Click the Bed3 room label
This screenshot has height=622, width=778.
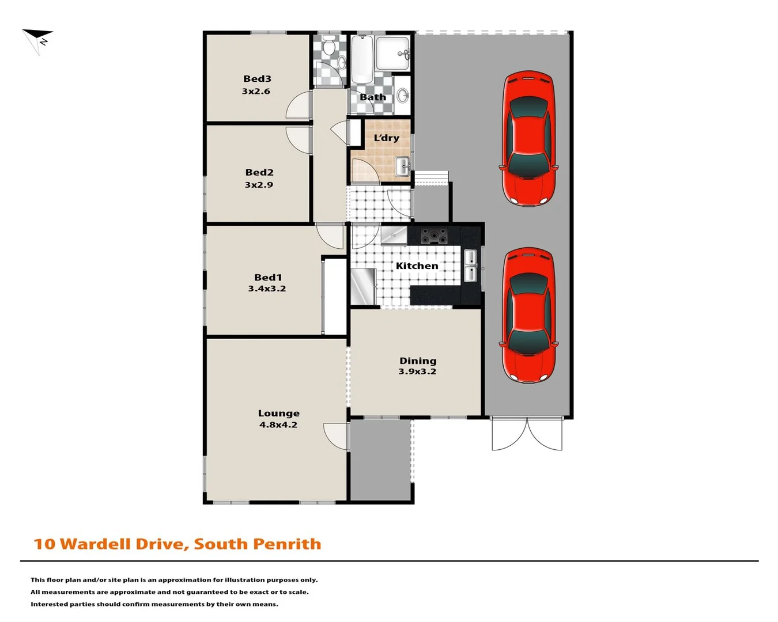tap(257, 79)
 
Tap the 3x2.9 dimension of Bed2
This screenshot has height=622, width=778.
tap(259, 185)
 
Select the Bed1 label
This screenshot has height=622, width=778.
tap(268, 278)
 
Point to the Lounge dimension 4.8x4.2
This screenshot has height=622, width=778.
tap(278, 425)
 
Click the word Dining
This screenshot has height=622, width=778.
tap(418, 361)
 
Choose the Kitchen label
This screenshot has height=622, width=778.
tap(417, 266)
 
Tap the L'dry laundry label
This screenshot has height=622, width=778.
tap(386, 138)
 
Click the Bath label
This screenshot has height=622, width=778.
tap(373, 97)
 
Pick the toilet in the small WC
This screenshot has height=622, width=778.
tap(329, 45)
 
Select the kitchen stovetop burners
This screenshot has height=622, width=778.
tap(433, 236)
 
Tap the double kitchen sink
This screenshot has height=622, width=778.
tap(470, 266)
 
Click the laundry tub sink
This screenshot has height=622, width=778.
tap(402, 167)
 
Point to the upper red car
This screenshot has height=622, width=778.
tap(528, 139)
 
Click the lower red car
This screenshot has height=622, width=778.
tap(528, 315)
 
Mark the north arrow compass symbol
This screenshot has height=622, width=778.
tap(38, 40)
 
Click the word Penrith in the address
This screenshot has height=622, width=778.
tap(287, 544)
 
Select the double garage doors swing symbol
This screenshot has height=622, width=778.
tap(527, 435)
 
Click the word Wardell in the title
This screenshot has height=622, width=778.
tap(95, 544)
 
